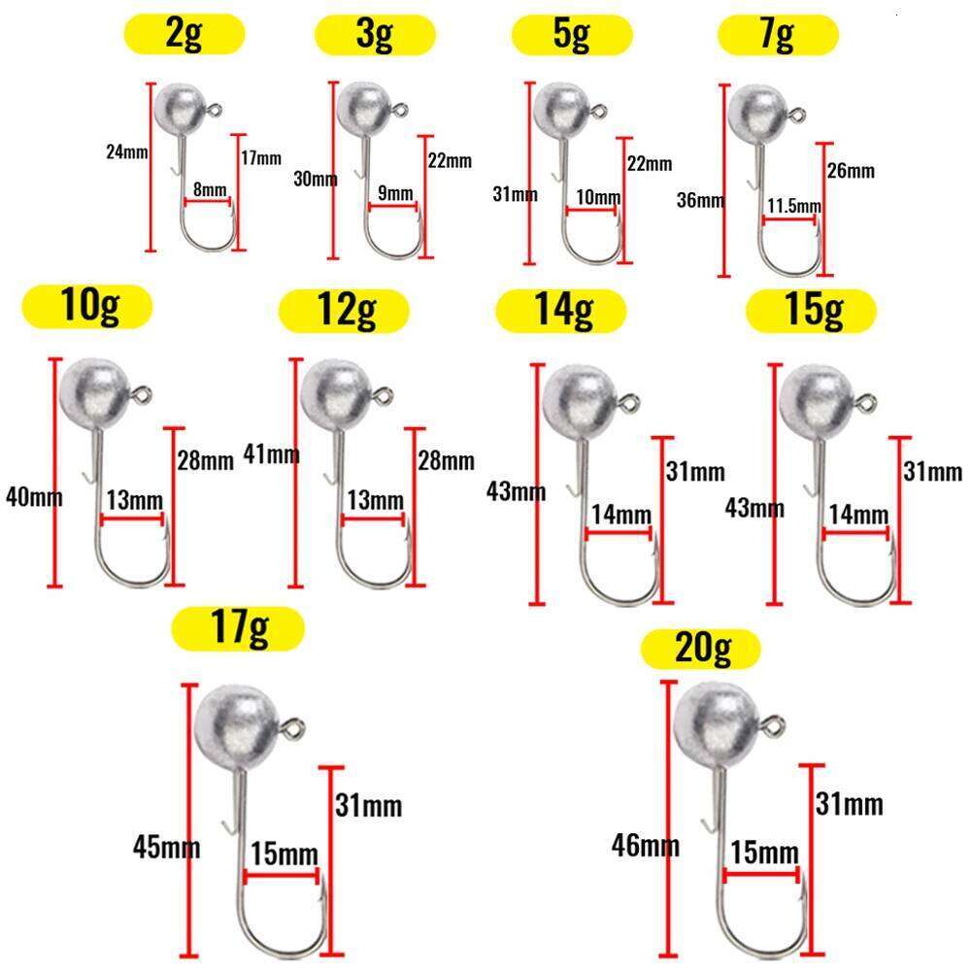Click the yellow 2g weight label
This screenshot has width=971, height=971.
184,37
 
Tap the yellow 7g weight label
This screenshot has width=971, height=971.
777,37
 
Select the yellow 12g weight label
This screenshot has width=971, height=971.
342,312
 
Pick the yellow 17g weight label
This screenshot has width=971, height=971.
238,630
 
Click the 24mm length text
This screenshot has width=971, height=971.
126,151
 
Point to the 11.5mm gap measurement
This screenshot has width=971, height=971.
793,206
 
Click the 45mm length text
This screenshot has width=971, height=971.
166,847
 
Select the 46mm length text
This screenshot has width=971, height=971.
646,845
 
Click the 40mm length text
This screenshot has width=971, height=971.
34,497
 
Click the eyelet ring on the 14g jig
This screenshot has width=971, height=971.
631,400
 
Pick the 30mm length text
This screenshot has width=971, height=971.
315,179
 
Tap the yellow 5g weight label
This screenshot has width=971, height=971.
572,37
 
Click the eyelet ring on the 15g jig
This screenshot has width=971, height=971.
867,400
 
